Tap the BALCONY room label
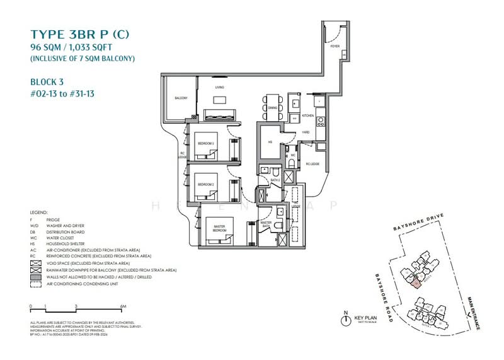(181, 98)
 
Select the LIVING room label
(220, 88)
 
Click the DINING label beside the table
(272, 108)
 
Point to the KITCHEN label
(307, 116)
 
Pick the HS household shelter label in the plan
(269, 142)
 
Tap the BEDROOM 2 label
(206, 184)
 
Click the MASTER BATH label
(266, 223)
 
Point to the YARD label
(306, 132)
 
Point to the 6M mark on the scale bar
(123, 306)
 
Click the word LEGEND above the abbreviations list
(39, 212)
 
